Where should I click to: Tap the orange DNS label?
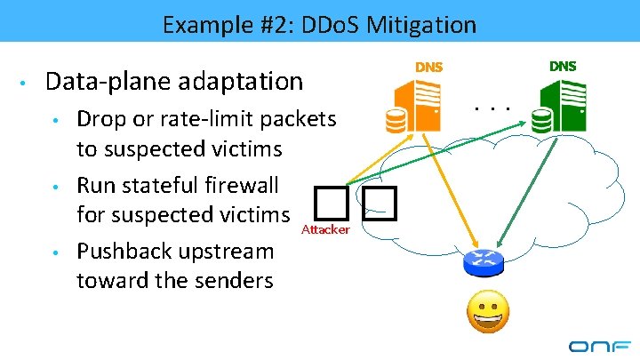(429, 67)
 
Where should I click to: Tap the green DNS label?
(562, 66)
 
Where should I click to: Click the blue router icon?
(484, 264)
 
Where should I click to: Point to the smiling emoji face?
(488, 314)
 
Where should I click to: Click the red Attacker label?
(326, 230)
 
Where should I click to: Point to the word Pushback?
(123, 252)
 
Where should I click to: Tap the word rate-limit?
(196, 119)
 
